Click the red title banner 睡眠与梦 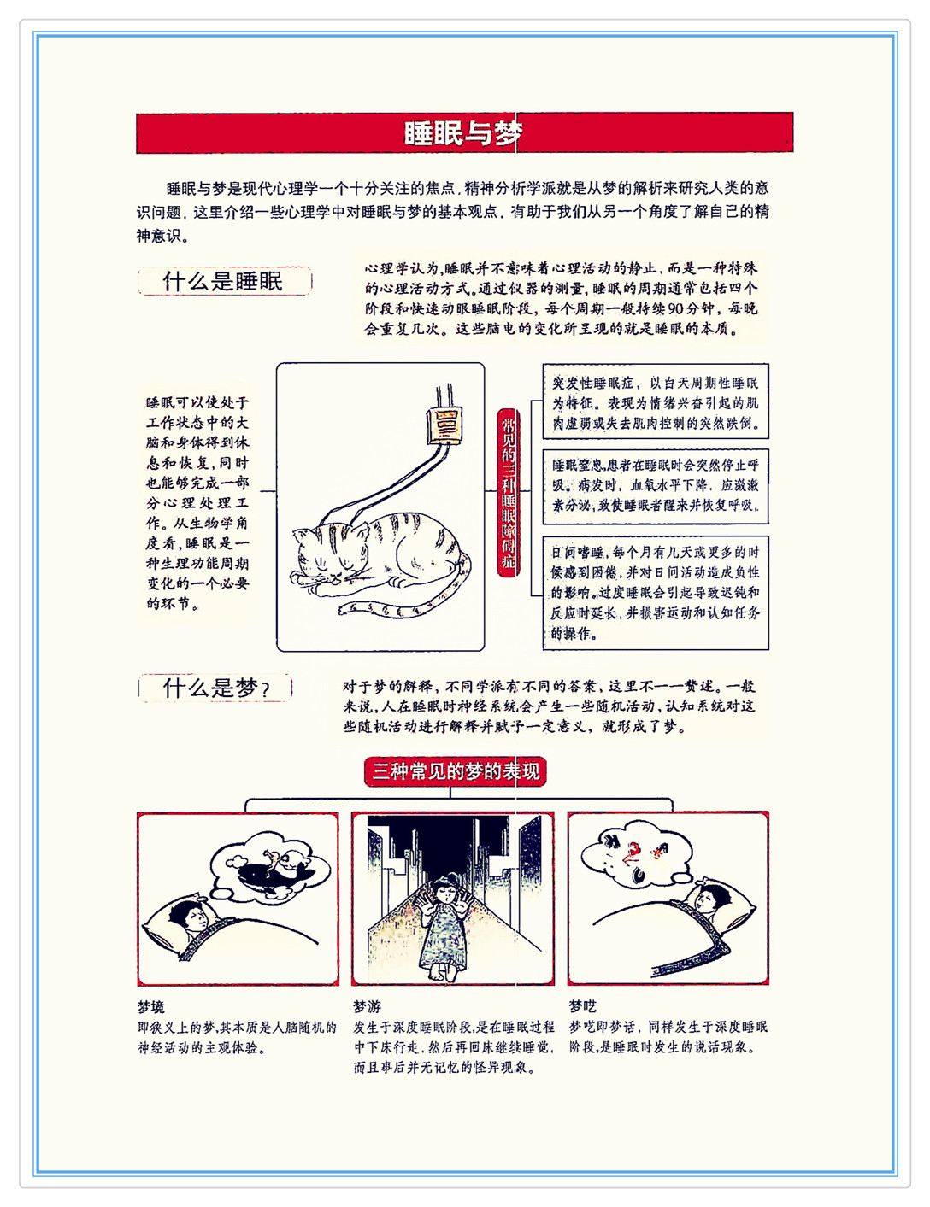[464, 132]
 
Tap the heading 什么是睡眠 [225, 281]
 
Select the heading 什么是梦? [215, 688]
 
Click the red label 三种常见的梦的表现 [456, 771]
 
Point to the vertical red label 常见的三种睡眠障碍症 [508, 493]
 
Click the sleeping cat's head [331, 555]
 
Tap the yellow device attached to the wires [444, 425]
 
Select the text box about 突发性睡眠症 [656, 401]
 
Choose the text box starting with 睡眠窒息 [656, 487]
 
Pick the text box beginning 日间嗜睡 [656, 593]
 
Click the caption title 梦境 [151, 1006]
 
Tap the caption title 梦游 [368, 1006]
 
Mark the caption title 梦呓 [583, 1006]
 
